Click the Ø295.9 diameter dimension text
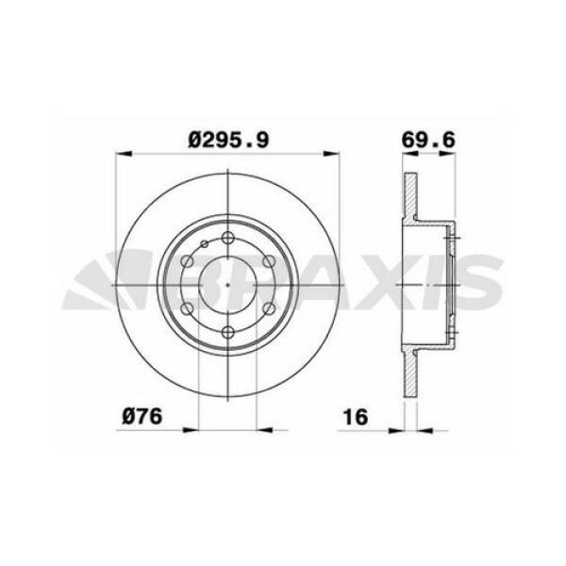pyautogui.click(x=229, y=139)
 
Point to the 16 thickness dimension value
pyautogui.click(x=356, y=416)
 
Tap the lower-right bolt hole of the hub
pyautogui.click(x=269, y=308)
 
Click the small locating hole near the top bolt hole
pyautogui.click(x=203, y=246)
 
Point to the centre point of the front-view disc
pyautogui.click(x=229, y=285)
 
